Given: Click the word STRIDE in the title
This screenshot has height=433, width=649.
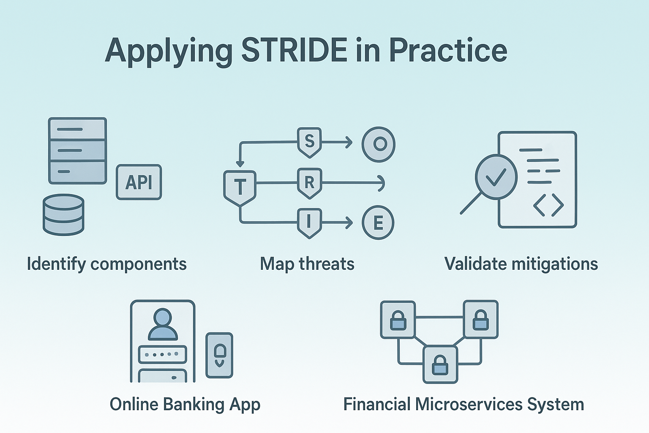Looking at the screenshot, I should click(x=294, y=50).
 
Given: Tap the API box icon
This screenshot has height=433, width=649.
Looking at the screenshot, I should click(x=139, y=182).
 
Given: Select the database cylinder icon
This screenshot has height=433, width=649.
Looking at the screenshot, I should click(x=63, y=214).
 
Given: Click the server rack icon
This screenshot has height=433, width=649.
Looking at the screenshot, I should click(x=77, y=151).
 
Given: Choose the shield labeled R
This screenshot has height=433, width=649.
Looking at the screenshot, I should click(x=309, y=183).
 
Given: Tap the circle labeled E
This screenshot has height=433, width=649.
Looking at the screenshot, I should click(x=378, y=223).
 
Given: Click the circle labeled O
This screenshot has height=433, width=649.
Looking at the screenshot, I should click(x=379, y=144).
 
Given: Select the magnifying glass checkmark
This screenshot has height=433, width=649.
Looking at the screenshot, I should click(x=495, y=177).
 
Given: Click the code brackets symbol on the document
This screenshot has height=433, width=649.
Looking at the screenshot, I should click(x=548, y=205).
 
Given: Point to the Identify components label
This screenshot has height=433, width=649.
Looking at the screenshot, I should click(x=106, y=264).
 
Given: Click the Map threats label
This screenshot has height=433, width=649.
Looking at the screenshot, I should click(x=307, y=264).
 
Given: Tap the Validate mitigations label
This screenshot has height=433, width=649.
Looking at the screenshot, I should click(x=521, y=264).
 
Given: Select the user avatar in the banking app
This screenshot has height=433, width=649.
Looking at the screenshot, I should click(x=163, y=324).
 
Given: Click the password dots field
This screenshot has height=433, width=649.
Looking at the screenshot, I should click(x=163, y=354).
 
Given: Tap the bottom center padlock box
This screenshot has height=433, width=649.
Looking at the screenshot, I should click(x=440, y=364).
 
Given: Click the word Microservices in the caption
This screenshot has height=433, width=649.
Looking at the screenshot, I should click(x=469, y=404).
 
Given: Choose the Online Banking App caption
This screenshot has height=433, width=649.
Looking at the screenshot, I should click(x=185, y=404).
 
